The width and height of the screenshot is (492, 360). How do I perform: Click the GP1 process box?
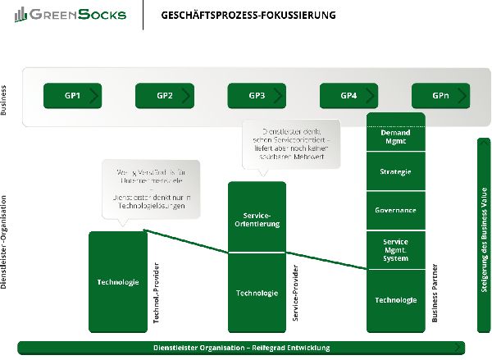point(72,96)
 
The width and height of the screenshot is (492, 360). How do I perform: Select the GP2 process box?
point(164,96)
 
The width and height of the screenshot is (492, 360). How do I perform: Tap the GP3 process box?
point(257,96)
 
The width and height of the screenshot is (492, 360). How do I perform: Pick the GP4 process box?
point(348,96)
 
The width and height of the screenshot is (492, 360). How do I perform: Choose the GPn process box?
point(440,96)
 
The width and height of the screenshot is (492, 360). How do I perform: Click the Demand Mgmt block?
point(395,137)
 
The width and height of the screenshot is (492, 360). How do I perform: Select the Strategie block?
point(395,172)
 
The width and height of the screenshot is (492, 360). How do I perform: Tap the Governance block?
point(395,211)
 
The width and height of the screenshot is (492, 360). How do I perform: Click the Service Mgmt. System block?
point(395,250)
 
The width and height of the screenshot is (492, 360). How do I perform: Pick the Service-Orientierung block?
point(257,217)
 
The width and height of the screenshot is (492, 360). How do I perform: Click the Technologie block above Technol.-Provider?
point(118,282)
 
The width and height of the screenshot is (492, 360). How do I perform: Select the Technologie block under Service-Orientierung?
point(257,293)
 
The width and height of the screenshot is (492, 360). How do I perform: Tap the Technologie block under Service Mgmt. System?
point(395,300)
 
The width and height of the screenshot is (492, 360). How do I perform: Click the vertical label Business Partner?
point(435,293)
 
